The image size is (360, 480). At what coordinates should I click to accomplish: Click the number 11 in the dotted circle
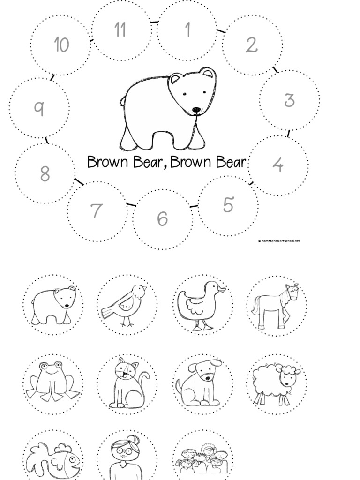(x=120, y=30)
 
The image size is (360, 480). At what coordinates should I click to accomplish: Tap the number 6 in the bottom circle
(x=162, y=219)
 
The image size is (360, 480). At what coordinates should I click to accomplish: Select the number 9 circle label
(x=39, y=108)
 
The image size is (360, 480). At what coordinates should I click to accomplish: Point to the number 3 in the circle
(x=289, y=100)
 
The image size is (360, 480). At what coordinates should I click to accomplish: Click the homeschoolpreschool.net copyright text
(x=278, y=241)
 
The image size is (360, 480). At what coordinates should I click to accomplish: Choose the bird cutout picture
(x=126, y=305)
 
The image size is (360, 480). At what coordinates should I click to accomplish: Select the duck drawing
(x=201, y=305)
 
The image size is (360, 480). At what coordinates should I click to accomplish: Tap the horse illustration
(x=276, y=305)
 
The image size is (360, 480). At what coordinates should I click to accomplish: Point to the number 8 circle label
(x=45, y=174)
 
